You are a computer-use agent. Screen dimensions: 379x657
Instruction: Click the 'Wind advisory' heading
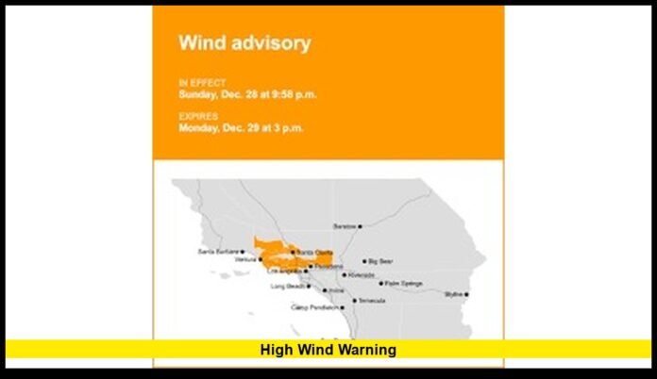244,42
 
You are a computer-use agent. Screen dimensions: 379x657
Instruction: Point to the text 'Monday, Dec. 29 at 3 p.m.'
242,127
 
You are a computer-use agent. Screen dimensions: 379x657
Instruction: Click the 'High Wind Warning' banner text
328,350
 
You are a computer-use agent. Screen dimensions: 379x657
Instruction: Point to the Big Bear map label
380,261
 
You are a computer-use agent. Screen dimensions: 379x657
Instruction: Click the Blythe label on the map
453,294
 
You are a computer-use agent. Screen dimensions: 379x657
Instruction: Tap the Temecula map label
372,301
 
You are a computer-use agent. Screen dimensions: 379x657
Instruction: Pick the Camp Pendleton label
313,307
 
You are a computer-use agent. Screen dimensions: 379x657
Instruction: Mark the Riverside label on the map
362,275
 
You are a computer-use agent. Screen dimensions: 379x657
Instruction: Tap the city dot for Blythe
466,294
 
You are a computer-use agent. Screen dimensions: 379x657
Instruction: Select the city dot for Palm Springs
380,283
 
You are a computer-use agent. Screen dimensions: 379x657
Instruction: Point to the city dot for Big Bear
365,261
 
